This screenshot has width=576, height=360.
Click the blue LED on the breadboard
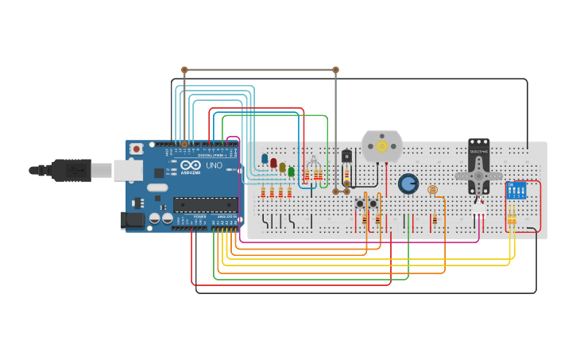[265, 158]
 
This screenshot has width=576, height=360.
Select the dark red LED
[273, 163]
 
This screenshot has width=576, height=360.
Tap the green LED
[291, 171]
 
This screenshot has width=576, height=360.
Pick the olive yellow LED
[282, 167]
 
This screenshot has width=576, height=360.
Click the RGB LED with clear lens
[314, 162]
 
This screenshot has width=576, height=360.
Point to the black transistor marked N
[346, 156]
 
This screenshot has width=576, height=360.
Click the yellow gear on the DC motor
[382, 146]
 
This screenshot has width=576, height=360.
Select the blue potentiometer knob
[408, 184]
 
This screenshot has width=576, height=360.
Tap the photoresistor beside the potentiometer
[432, 190]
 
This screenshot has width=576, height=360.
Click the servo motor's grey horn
[479, 175]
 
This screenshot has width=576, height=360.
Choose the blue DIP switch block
[516, 191]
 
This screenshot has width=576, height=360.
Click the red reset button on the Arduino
[137, 149]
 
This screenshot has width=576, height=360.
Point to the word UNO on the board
[214, 166]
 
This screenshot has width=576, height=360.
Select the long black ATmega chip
[205, 204]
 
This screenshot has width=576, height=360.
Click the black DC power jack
[131, 219]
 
